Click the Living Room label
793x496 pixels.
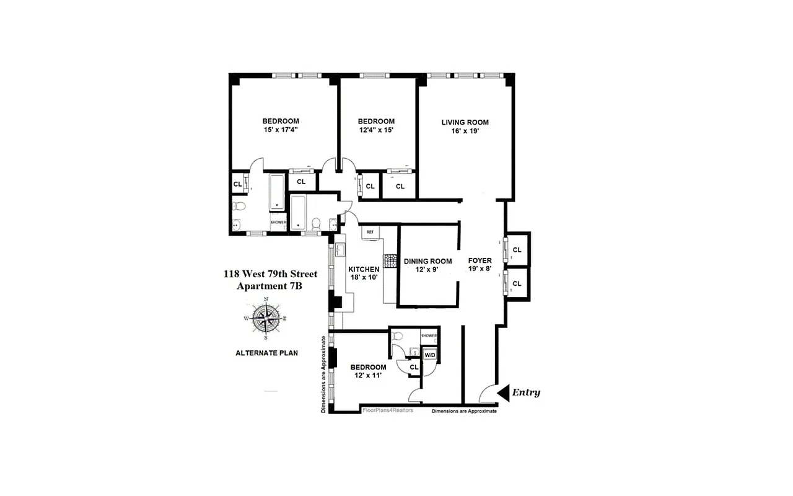click(x=465, y=122)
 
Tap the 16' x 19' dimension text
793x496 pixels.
click(x=465, y=131)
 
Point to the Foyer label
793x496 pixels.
click(x=480, y=261)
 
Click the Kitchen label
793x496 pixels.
click(x=364, y=269)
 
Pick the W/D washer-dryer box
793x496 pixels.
click(x=430, y=355)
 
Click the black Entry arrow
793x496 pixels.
click(x=503, y=392)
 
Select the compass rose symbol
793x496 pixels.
click(x=266, y=319)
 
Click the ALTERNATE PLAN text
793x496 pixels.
click(x=266, y=353)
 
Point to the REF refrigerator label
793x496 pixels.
click(x=370, y=232)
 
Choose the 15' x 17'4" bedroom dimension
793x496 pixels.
click(x=281, y=130)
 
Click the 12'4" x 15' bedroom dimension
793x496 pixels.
click(x=376, y=130)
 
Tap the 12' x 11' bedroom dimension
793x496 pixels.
click(x=368, y=376)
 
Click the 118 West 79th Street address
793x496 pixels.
click(x=271, y=273)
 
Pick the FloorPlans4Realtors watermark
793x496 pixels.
click(x=387, y=410)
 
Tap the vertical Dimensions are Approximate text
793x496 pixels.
click(x=323, y=374)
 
